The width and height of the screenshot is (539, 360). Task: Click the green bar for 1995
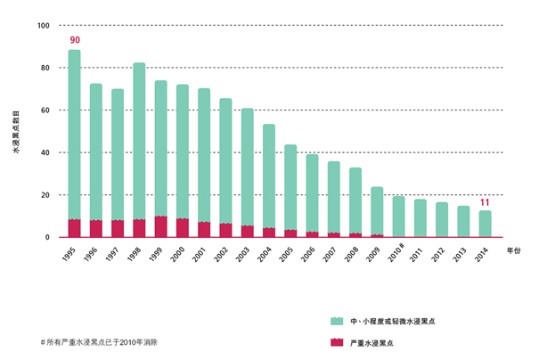(x=74, y=134)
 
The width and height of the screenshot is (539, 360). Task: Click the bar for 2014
(x=485, y=224)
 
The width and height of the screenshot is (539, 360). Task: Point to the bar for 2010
(x=398, y=217)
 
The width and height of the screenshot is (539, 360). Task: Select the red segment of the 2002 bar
(x=225, y=230)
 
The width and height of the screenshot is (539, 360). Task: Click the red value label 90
(x=75, y=40)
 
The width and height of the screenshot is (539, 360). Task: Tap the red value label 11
(x=485, y=202)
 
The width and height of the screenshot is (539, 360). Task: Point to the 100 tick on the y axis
(x=44, y=25)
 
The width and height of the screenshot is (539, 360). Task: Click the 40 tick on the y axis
(x=45, y=152)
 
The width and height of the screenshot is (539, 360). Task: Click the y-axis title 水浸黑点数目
(x=15, y=134)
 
